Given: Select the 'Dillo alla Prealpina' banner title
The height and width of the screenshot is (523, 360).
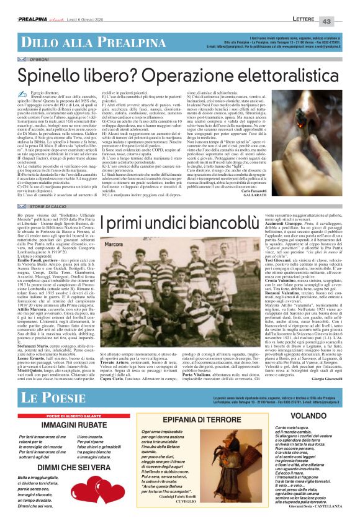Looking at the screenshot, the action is [64, 24].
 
